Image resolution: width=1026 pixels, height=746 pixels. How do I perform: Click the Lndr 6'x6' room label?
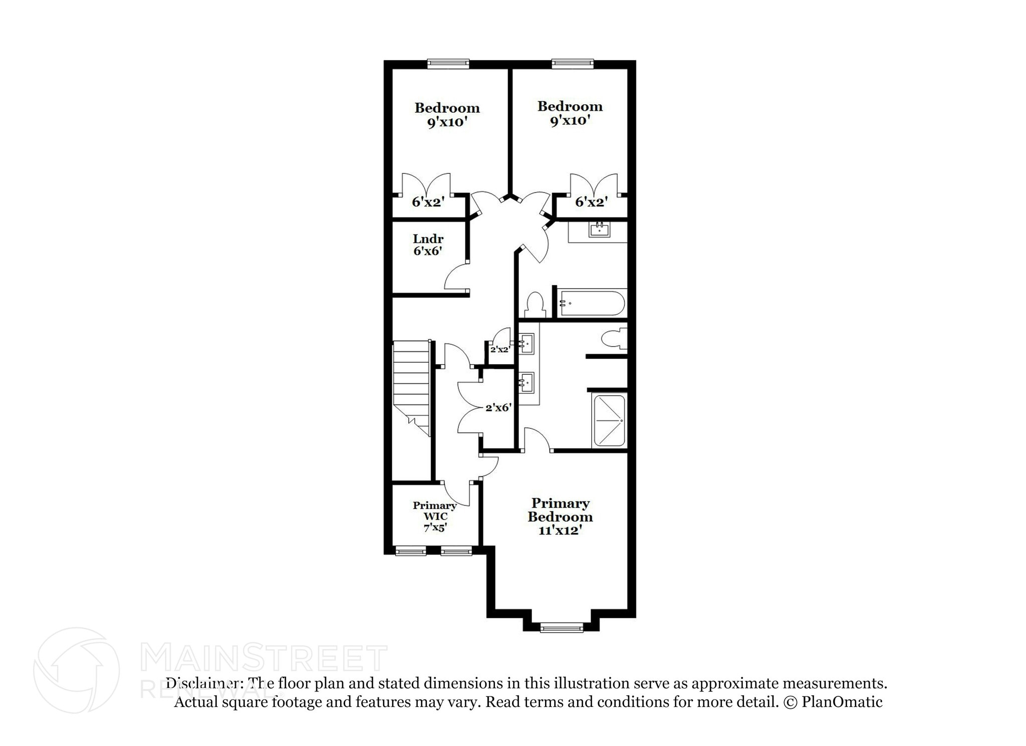(428, 245)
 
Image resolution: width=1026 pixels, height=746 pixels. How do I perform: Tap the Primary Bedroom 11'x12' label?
(560, 517)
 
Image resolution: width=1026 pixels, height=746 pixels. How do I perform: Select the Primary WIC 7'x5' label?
(434, 516)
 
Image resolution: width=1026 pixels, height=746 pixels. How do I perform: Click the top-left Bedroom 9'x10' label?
(447, 115)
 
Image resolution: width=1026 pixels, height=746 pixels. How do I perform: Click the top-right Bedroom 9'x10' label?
(570, 113)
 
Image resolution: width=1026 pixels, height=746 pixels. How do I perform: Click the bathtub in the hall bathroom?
(592, 303)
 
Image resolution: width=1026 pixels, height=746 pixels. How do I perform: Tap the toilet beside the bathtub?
(535, 304)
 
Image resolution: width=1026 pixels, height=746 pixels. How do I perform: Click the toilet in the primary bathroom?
(613, 339)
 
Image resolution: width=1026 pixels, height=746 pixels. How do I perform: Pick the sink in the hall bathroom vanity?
(599, 230)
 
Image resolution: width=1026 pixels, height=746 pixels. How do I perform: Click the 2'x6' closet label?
(497, 408)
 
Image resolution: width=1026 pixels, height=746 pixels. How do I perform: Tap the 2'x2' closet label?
(499, 349)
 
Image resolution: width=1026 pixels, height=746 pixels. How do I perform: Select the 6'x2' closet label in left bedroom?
(428, 202)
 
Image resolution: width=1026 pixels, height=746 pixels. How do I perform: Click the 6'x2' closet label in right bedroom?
(591, 202)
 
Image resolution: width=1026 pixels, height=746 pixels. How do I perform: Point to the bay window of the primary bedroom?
(562, 627)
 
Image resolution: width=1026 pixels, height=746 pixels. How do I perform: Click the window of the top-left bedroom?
(448, 63)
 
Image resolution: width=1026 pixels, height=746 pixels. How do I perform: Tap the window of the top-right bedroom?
(573, 63)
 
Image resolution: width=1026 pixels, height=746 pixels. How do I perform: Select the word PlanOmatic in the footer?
(842, 702)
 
